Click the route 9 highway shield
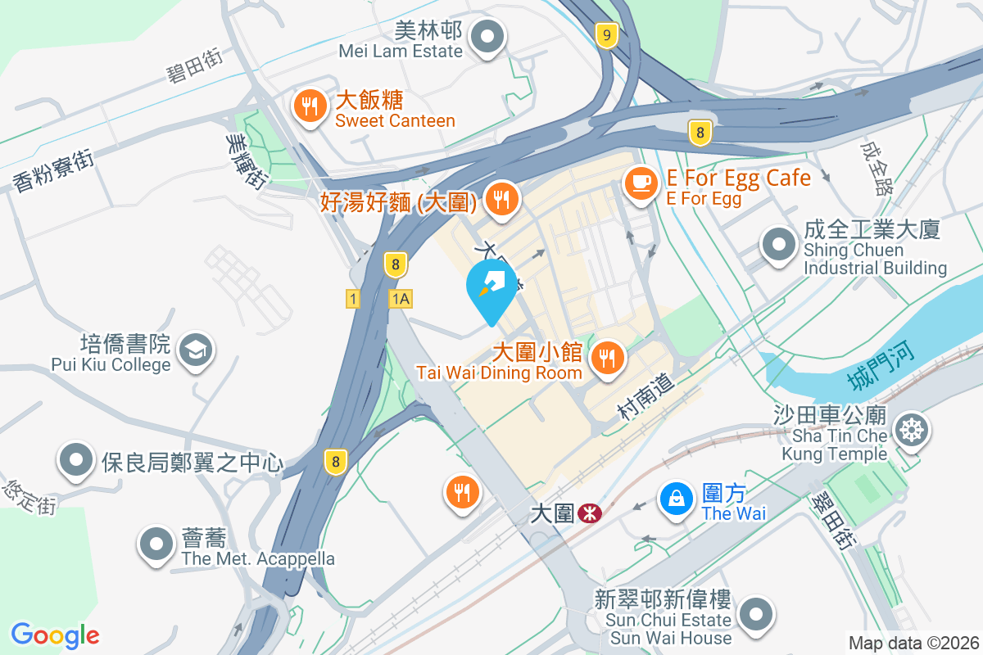point(605,35)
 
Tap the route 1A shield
point(400,300)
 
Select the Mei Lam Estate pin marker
point(489,37)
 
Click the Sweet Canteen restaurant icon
point(309,106)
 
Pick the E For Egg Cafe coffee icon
point(640,182)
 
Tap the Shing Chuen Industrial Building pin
point(778,244)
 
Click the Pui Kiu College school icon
point(196,350)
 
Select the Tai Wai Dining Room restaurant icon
point(607,358)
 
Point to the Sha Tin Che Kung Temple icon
point(909,429)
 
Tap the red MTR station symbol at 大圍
point(589,513)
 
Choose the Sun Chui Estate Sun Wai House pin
point(754,613)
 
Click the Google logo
point(55,635)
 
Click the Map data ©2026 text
point(913,643)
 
